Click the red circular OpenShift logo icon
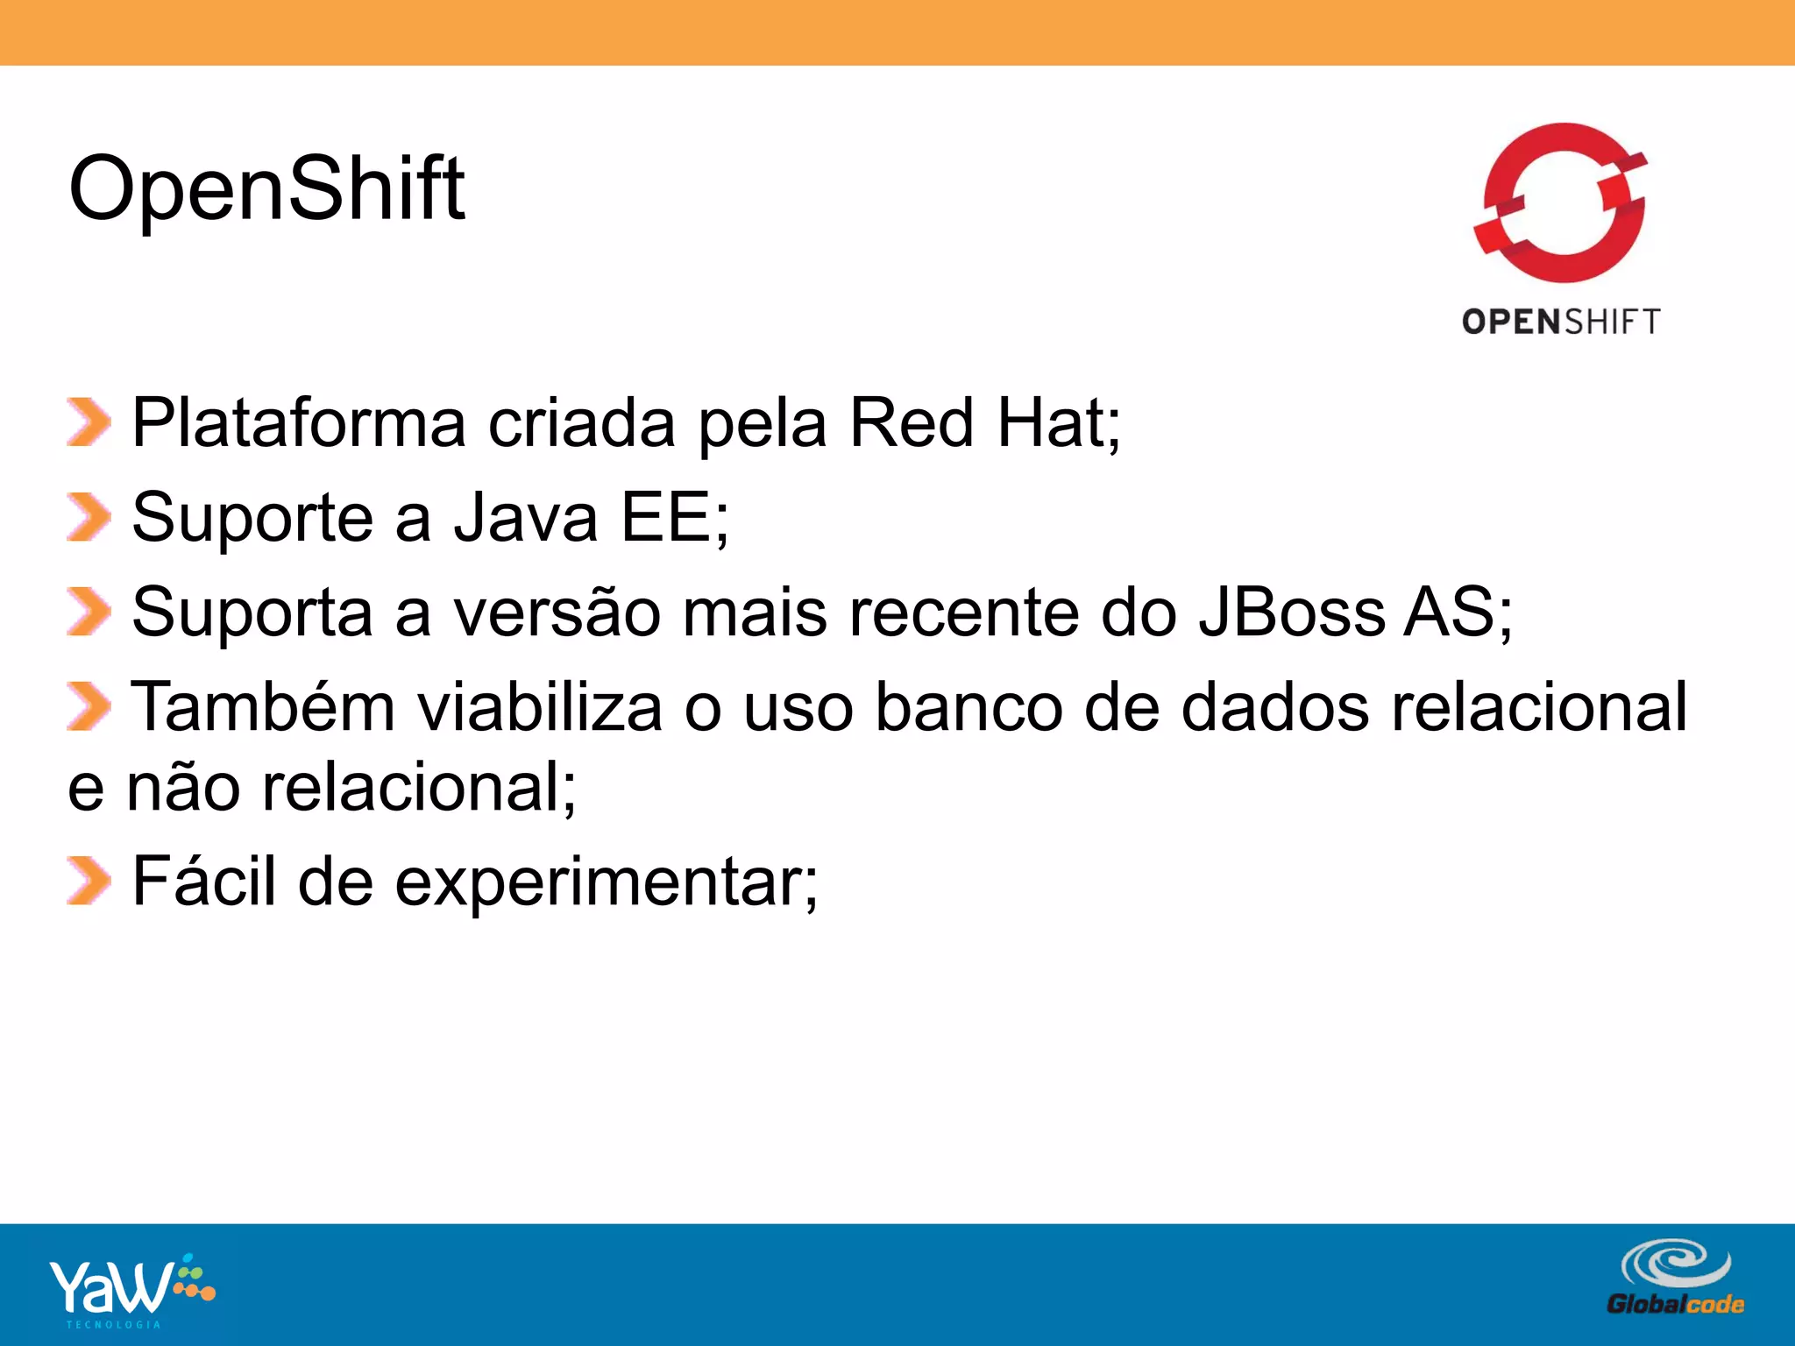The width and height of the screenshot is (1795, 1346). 1562,203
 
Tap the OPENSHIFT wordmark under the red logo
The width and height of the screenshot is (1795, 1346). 1561,322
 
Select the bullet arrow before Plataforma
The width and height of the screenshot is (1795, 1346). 89,422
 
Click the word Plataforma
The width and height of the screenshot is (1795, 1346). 298,423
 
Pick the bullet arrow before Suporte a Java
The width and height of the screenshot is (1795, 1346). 89,517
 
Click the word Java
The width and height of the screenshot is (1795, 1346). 525,517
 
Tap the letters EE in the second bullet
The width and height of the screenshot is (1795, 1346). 665,517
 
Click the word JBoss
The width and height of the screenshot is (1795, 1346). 1292,612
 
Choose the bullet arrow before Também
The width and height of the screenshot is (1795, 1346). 89,706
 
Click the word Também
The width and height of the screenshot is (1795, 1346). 263,706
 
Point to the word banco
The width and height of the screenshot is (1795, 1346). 968,706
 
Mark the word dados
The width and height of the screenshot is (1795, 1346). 1274,706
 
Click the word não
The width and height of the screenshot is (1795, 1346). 183,787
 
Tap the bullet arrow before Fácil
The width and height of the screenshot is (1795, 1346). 89,881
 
